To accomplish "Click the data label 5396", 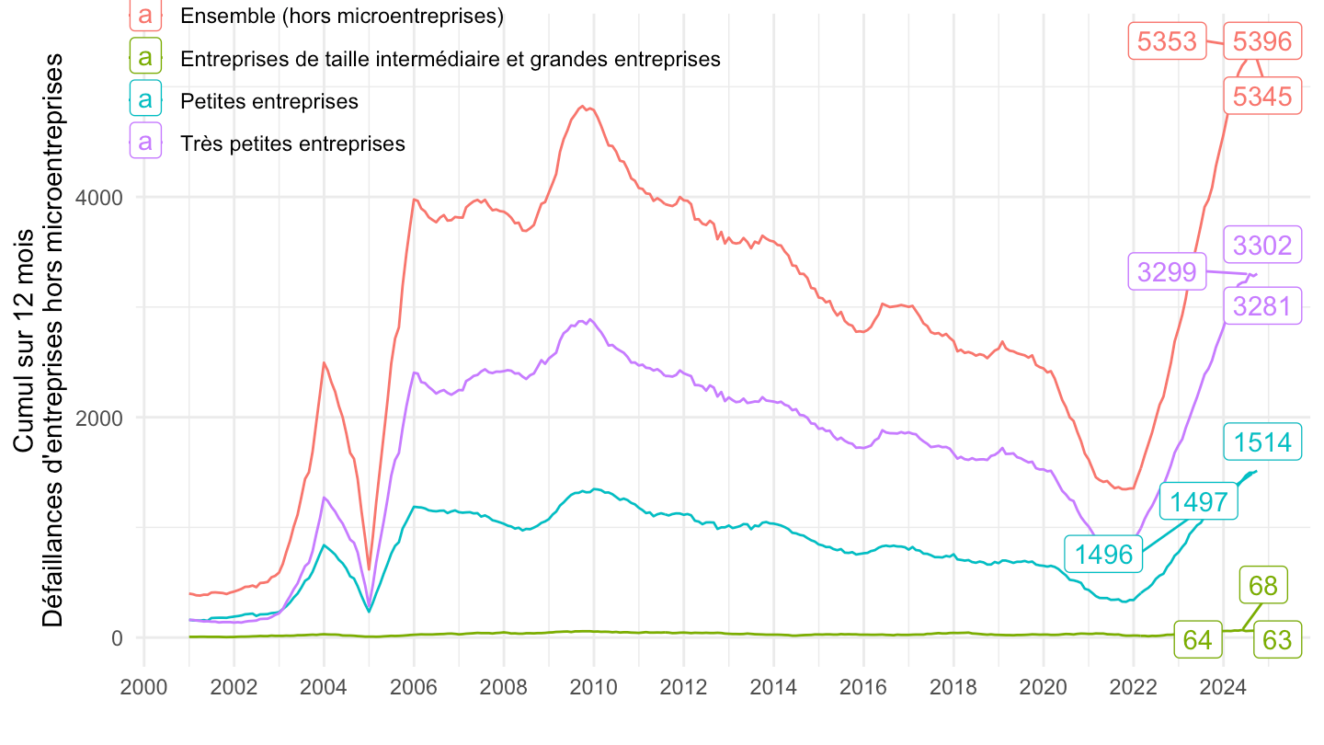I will pos(1262,41).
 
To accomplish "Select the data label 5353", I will pos(1167,41).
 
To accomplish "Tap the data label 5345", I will pos(1262,96).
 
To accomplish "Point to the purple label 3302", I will pos(1262,246).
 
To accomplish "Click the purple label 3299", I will pos(1167,272).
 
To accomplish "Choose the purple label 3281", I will pos(1262,305).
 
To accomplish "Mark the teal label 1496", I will pos(1103,554).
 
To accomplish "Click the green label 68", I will pos(1263,585).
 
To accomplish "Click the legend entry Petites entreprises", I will pos(269,101).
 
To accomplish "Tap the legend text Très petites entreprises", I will pos(292,143).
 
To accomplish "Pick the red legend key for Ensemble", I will pos(145,17).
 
